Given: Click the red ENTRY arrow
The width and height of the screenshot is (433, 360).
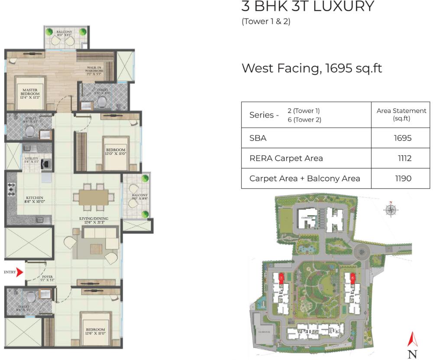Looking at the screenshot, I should [x=20, y=272].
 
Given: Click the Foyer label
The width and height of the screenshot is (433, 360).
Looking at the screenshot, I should [x=48, y=278].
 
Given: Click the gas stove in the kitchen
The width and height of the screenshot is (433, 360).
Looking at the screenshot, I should [x=11, y=189].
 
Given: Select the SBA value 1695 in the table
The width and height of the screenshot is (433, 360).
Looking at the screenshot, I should [x=402, y=138].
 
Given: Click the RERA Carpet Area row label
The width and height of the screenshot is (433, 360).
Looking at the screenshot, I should [x=286, y=158].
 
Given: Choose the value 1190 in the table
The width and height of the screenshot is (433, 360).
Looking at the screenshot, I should [x=402, y=178].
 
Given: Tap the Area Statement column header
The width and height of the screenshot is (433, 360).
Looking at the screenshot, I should [x=401, y=115].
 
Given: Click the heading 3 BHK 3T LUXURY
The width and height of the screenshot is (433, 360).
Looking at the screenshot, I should [x=307, y=7].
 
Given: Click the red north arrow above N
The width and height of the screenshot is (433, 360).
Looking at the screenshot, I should [x=413, y=339].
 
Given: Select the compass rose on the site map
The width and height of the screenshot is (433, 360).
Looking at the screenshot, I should [x=391, y=209].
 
